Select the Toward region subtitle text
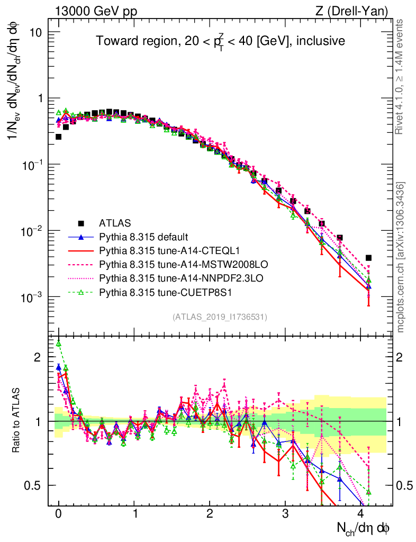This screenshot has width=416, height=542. coord(220,41)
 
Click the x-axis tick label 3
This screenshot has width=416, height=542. coord(285,514)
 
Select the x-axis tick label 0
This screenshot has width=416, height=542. coord(59,514)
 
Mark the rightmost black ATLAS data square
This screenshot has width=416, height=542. coord(368,258)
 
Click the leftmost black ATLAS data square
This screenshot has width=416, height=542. coord(59,137)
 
